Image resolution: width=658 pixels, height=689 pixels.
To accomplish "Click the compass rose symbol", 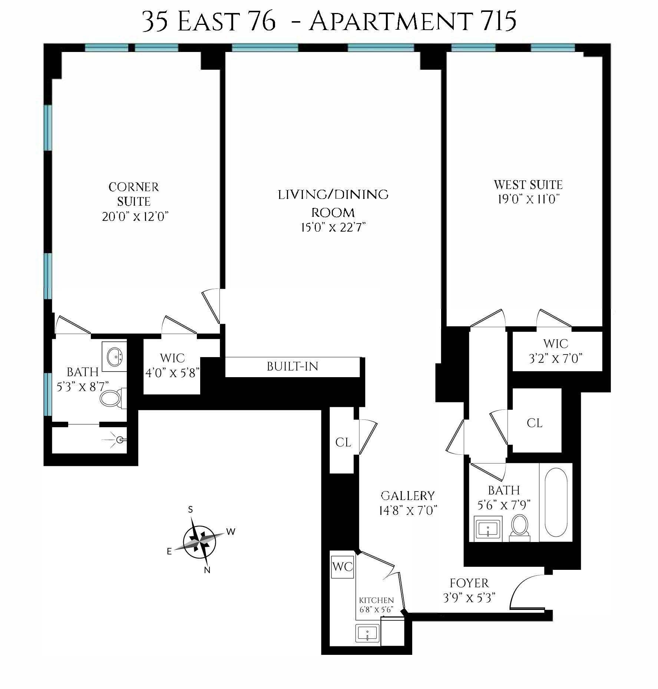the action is click(200, 542).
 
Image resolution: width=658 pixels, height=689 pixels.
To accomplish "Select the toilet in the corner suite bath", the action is click(112, 398).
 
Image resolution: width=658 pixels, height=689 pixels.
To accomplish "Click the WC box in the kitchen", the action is click(343, 567).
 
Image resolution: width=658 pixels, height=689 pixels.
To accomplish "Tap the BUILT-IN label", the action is click(292, 367).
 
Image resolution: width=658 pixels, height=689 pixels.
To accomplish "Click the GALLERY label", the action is click(407, 496).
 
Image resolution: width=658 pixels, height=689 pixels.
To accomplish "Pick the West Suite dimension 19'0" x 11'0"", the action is click(528, 199).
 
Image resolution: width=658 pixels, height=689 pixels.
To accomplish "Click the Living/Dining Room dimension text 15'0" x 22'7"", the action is click(333, 228).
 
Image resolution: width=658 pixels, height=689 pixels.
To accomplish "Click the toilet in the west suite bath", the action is click(520, 526).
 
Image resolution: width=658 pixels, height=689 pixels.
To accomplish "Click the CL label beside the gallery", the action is click(343, 442).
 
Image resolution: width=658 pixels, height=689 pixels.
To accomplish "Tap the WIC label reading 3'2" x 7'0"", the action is click(555, 351).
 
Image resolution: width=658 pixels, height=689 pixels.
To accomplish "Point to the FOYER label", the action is click(469, 583).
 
